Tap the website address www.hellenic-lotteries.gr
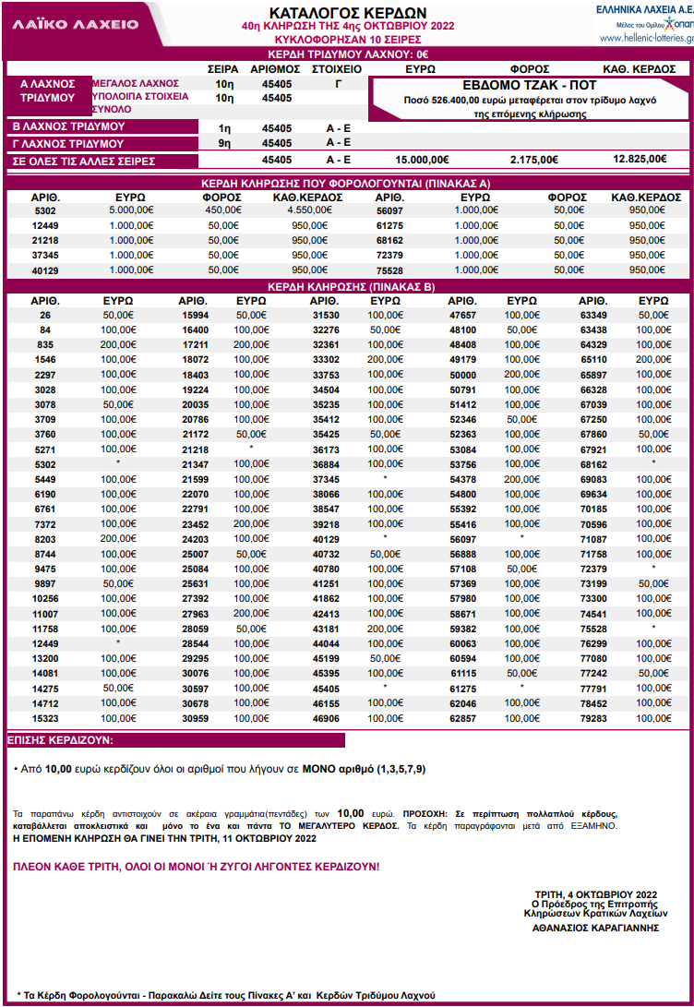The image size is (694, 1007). tap(645, 38)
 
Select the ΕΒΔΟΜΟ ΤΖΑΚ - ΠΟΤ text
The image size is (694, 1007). tap(530, 84)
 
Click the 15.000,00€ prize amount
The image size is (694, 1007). tap(422, 160)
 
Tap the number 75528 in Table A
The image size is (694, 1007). tap(391, 270)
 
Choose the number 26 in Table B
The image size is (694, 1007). tap(45, 315)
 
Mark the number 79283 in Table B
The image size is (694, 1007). tap(593, 718)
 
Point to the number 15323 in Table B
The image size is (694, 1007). tap(45, 718)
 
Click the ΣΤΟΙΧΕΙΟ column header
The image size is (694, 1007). tap(336, 68)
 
